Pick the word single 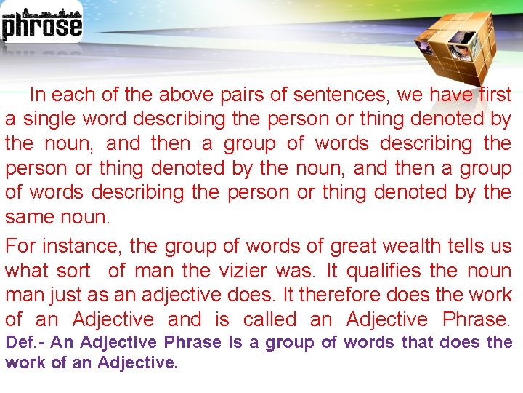[50, 119]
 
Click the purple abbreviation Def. [22, 342]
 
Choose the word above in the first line [185, 94]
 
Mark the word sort [73, 271]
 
